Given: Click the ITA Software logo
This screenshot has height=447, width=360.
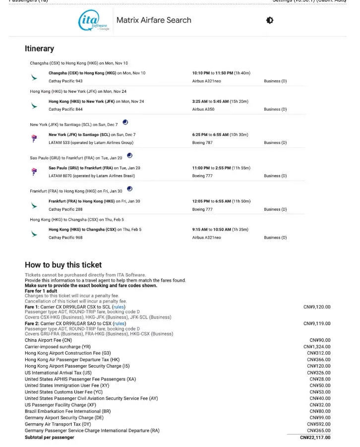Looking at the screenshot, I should tap(94, 21).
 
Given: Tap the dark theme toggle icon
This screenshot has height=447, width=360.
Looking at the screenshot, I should tap(269, 20).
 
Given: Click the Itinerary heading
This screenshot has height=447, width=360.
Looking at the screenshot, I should tap(39, 49).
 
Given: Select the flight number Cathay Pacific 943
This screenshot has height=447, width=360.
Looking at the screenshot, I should tap(65, 81).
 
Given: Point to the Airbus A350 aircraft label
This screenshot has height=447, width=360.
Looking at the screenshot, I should tap(203, 109).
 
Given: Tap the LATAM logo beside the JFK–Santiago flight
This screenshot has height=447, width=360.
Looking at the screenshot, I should tap(34, 138).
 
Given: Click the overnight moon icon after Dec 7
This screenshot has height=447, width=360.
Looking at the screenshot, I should tap(125, 123).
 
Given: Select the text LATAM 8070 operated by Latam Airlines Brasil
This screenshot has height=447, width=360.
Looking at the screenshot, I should tap(92, 176).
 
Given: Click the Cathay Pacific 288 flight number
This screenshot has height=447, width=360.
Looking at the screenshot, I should tap(65, 209).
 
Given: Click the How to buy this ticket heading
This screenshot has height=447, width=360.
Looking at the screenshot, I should tap(63, 264).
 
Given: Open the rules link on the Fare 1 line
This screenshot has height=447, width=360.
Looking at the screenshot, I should tap(119, 307).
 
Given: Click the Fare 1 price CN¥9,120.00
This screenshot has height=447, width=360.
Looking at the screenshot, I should tap(317, 307).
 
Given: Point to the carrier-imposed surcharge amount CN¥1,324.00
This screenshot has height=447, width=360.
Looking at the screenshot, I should tap(318, 346).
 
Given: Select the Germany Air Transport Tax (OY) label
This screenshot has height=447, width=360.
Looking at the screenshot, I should tap(58, 424).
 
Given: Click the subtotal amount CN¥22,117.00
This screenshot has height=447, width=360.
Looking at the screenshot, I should tap(315, 438).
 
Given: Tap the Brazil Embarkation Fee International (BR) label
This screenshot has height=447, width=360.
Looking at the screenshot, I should tap(68, 411).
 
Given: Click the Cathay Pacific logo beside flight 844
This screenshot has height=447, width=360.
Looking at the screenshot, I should tap(34, 106).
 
